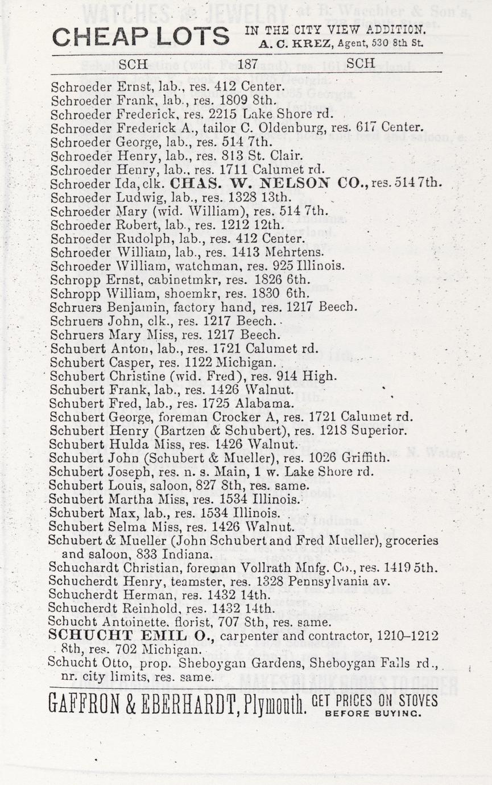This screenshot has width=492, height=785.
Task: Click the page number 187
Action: [x=248, y=64]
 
